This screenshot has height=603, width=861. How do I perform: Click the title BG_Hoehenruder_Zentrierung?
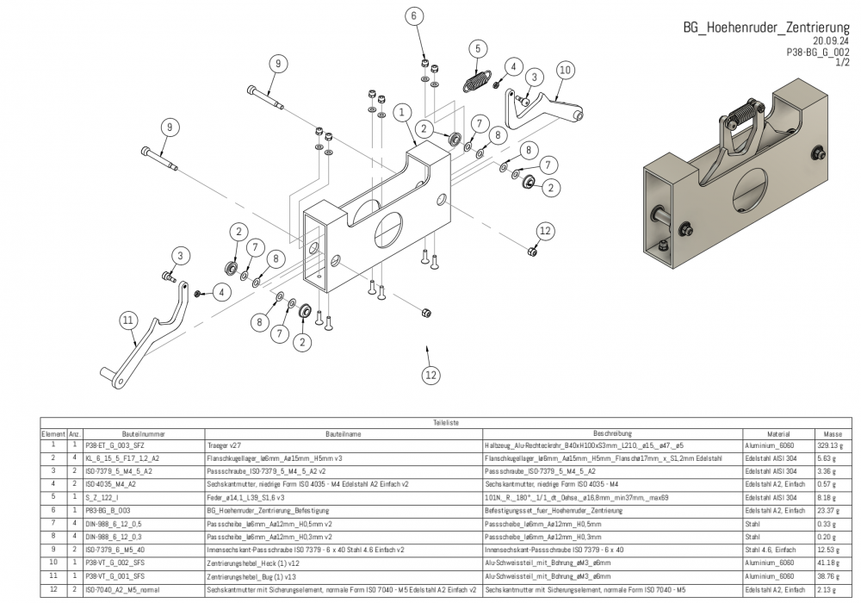coord(766,28)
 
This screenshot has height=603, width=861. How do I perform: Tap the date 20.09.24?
coord(831,40)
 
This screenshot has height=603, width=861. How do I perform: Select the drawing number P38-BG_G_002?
coord(818,52)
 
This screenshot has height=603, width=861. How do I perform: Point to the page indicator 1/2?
coord(842,63)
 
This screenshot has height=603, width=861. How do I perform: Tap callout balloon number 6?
coord(413,16)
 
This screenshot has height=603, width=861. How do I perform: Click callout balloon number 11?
coord(128,320)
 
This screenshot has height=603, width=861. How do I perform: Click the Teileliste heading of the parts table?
coord(446,423)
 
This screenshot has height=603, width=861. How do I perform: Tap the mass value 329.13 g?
coord(831,445)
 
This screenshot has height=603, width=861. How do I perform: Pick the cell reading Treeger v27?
coord(222,445)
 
